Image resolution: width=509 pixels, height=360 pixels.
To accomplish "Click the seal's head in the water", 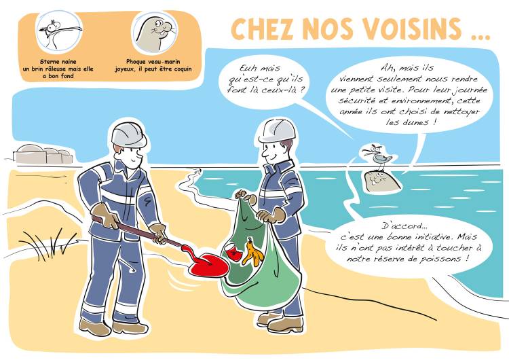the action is (381, 181).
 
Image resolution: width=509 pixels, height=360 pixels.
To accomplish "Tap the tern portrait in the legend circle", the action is (59, 31).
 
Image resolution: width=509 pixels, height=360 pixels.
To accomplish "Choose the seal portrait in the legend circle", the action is (155, 33).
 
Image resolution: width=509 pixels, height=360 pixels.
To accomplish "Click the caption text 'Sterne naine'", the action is (58, 61).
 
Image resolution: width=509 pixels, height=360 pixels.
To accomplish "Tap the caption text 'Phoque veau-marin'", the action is (153, 61).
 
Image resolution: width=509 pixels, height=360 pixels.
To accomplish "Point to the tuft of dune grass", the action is (48, 245).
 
